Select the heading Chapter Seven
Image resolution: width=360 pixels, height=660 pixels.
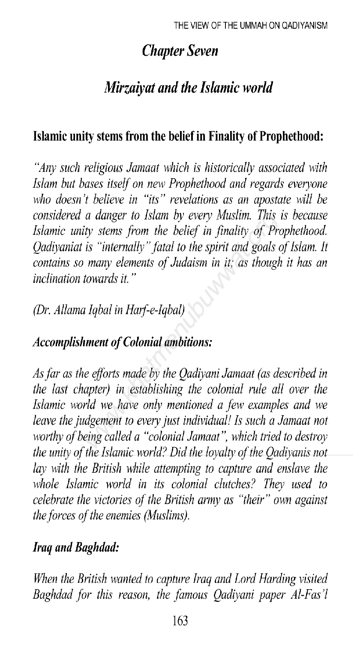[x=180, y=51]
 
